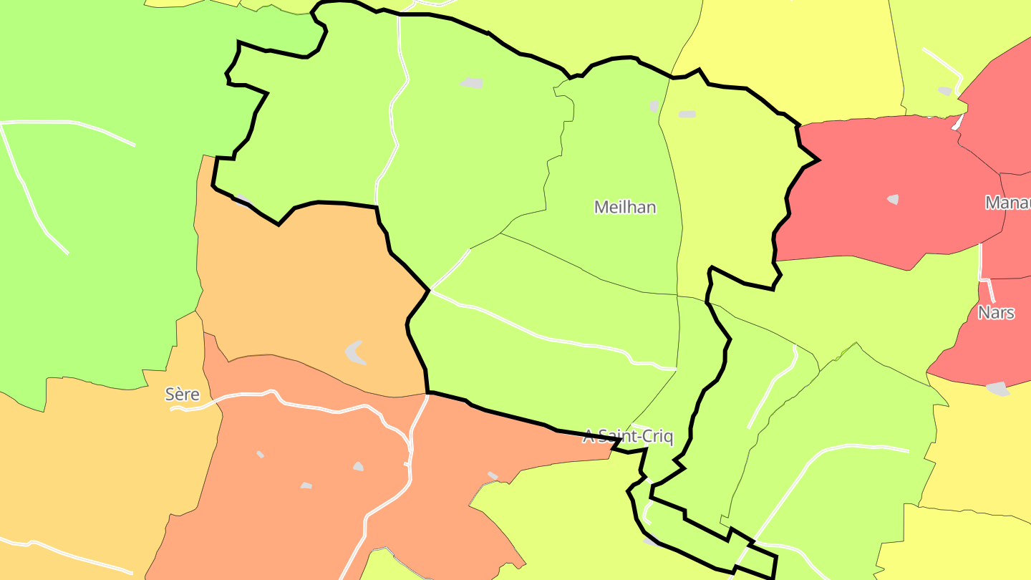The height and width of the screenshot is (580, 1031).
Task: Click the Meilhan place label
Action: click(x=625, y=207)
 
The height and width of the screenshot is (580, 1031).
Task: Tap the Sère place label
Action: click(x=182, y=394)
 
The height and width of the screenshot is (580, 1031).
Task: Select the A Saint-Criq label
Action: click(x=628, y=436)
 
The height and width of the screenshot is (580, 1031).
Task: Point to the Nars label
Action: click(x=996, y=313)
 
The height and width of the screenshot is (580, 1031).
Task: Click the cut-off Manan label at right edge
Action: click(x=1007, y=203)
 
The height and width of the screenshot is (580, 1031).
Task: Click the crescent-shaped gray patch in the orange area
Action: click(x=355, y=352)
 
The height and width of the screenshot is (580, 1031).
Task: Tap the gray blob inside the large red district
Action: click(x=893, y=199)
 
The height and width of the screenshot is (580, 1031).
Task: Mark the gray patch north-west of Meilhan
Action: click(x=472, y=83)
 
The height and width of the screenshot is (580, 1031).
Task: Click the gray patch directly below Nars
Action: click(x=997, y=389)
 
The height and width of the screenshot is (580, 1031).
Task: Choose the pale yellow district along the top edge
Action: click(x=788, y=50)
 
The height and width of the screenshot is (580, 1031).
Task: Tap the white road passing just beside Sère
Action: click(x=236, y=395)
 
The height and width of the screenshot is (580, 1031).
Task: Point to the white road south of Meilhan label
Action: click(x=544, y=337)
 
